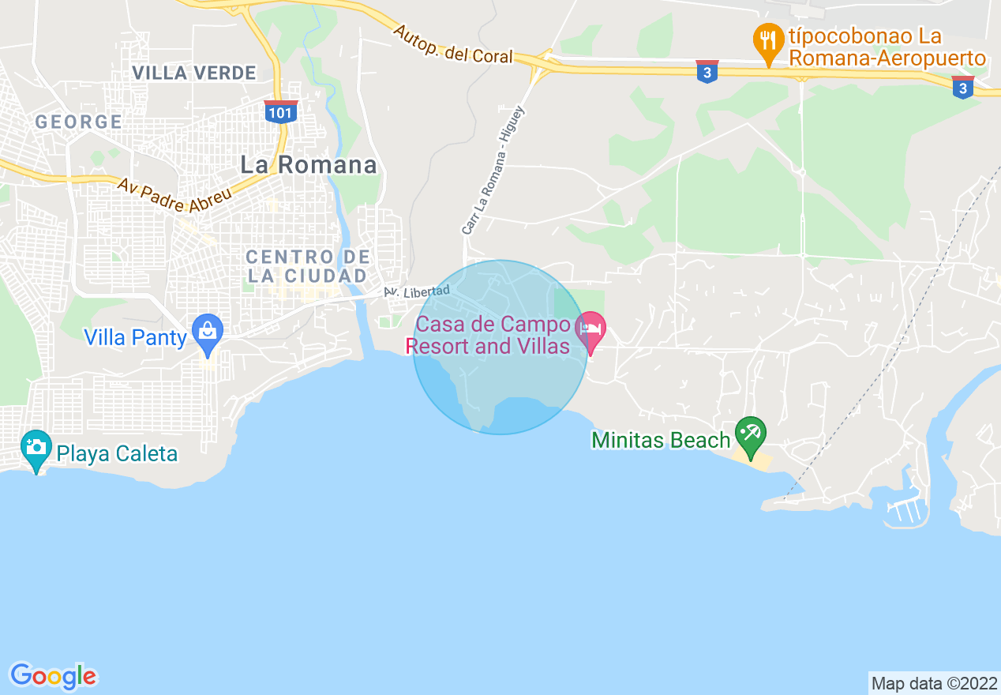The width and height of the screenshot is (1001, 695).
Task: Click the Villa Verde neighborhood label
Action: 194,73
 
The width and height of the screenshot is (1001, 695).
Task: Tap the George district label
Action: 78,122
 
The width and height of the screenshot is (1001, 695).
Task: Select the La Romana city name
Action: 309,165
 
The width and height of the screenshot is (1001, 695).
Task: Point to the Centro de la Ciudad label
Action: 307,266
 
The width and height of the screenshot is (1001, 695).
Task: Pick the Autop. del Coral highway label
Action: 452,45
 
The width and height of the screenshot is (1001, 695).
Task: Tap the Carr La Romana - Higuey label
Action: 493,171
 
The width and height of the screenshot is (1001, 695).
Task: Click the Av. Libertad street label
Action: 417,291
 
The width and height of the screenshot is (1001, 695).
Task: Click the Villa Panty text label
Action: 135,338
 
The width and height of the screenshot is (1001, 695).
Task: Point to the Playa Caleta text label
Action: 117,454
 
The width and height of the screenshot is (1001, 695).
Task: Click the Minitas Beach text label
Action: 661,440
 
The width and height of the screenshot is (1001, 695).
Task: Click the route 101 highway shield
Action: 280,111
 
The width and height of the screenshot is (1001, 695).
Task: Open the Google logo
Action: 54,676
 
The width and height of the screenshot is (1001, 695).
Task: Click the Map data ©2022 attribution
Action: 934,682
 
